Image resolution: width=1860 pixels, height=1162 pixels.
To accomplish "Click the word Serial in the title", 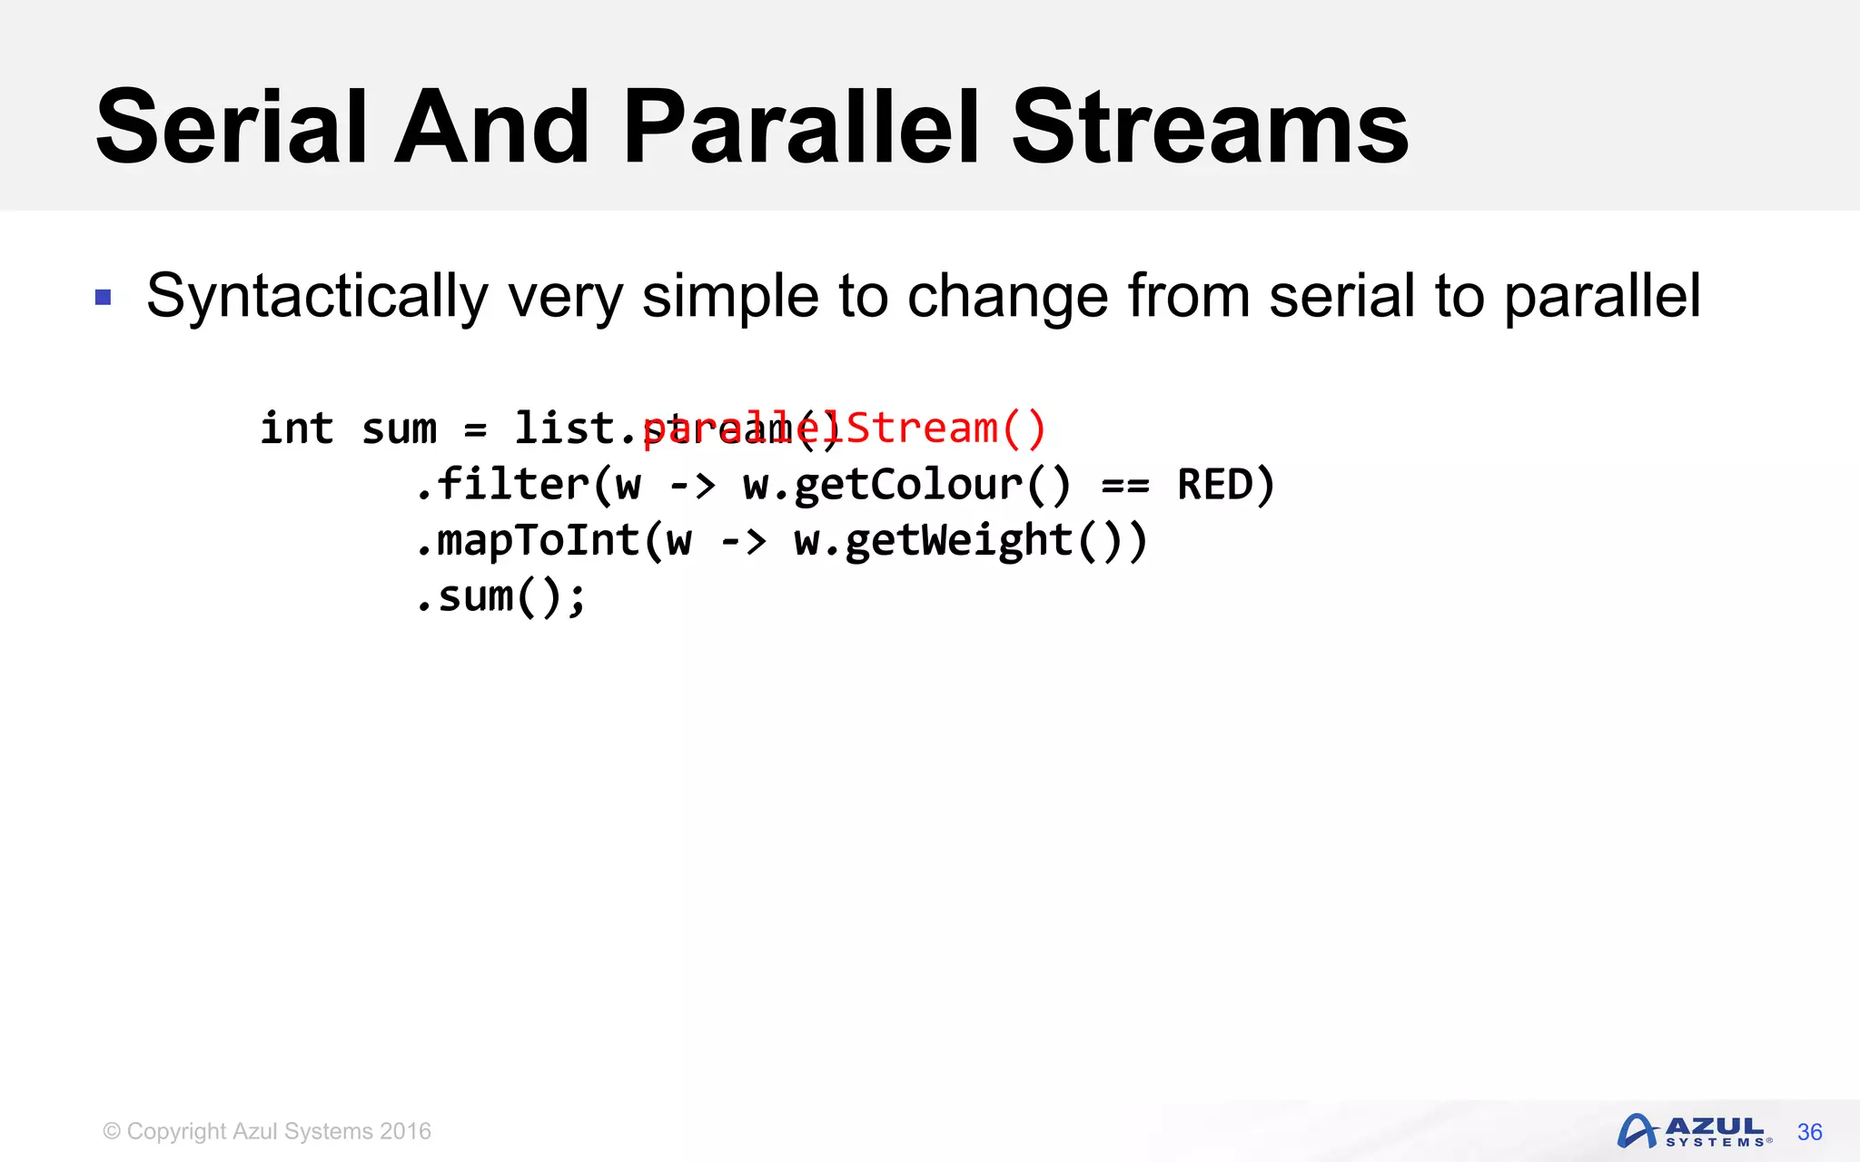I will click(230, 128).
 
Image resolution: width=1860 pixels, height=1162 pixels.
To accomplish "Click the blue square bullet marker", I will click(104, 298).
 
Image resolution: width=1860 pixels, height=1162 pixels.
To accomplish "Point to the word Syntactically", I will click(317, 297).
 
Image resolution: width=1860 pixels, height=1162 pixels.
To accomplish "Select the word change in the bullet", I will click(1007, 297).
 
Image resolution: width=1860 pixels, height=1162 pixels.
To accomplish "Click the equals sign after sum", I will click(476, 429).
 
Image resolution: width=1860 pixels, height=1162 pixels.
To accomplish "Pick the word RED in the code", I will click(1215, 484).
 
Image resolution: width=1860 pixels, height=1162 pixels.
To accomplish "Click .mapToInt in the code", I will click(528, 540).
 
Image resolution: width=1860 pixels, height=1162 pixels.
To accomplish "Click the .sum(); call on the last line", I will click(500, 596).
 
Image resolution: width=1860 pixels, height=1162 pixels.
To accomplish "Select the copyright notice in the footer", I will click(267, 1131).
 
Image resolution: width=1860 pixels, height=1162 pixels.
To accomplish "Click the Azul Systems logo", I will click(1693, 1131).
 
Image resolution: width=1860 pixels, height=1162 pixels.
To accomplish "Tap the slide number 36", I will click(1809, 1132).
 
